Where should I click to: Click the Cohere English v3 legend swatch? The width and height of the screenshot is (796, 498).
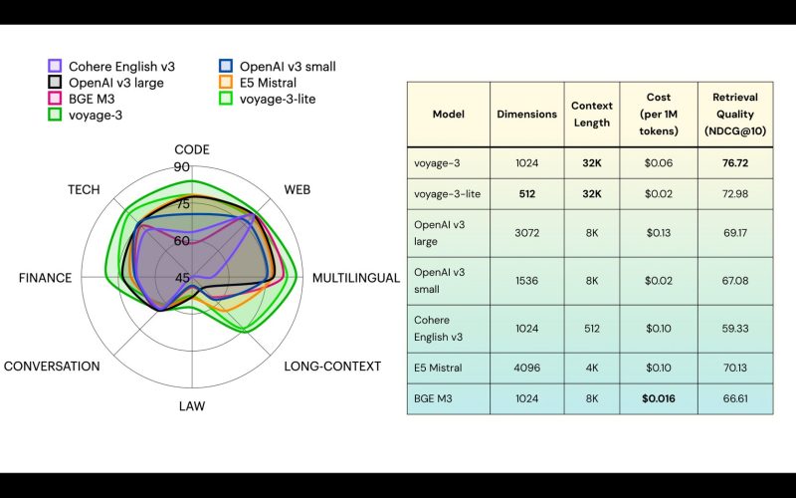pyautogui.click(x=55, y=66)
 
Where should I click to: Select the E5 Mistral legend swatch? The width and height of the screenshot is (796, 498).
pyautogui.click(x=226, y=83)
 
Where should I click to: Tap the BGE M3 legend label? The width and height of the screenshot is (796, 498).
pyautogui.click(x=92, y=99)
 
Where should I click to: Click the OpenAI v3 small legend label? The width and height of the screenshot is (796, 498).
pyautogui.click(x=288, y=67)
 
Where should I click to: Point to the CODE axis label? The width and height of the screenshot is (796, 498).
pyautogui.click(x=192, y=150)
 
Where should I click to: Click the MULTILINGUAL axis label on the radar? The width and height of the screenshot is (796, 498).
pyautogui.click(x=356, y=278)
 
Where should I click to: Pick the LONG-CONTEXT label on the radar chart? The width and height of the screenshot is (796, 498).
pyautogui.click(x=332, y=367)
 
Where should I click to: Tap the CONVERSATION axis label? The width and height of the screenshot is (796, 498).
pyautogui.click(x=52, y=367)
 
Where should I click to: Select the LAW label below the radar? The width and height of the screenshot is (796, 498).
pyautogui.click(x=192, y=406)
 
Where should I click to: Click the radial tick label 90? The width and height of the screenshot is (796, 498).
pyautogui.click(x=182, y=166)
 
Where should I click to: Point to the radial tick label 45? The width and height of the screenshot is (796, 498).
pyautogui.click(x=182, y=278)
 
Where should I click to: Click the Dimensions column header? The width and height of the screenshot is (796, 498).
pyautogui.click(x=527, y=115)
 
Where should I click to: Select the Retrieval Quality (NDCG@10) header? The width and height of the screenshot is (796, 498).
pyautogui.click(x=735, y=114)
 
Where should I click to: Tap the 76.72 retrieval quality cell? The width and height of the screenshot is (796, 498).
pyautogui.click(x=735, y=163)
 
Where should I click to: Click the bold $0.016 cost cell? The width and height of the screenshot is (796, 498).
pyautogui.click(x=659, y=398)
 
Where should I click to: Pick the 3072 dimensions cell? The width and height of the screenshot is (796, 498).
pyautogui.click(x=527, y=233)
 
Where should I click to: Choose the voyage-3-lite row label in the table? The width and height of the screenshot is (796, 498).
pyautogui.click(x=447, y=193)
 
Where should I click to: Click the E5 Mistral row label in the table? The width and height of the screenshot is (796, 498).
pyautogui.click(x=438, y=368)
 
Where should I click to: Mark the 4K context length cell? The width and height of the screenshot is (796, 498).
pyautogui.click(x=592, y=368)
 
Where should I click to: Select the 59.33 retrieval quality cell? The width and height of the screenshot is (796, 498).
pyautogui.click(x=735, y=329)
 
